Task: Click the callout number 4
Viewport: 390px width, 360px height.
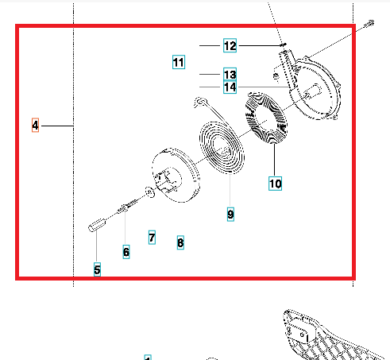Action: pos(35,125)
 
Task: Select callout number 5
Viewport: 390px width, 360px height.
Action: pos(97,269)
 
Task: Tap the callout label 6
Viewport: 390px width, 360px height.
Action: pos(126,252)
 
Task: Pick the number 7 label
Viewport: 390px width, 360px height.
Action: pos(152,238)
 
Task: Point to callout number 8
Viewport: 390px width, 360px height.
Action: pos(180,242)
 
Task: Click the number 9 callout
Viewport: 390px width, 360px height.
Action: pos(230,214)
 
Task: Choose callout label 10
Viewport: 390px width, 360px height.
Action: pos(275,184)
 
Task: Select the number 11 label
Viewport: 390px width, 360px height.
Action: pos(179,62)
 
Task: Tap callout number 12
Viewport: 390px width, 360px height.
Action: pos(230,45)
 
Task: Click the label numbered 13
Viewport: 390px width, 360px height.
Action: pos(230,74)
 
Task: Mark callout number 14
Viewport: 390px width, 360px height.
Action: pos(230,87)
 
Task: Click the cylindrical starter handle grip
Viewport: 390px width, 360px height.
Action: pos(97,225)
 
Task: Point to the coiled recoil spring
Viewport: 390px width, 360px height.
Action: pos(222,147)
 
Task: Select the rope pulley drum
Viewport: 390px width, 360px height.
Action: pos(176,176)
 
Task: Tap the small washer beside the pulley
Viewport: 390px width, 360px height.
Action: pos(150,192)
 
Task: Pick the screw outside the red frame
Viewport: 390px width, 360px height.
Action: pos(369,24)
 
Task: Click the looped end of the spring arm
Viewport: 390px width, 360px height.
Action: pos(200,102)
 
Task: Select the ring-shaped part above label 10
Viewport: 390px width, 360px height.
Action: pos(266,118)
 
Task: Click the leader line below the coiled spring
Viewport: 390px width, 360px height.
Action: pos(230,190)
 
